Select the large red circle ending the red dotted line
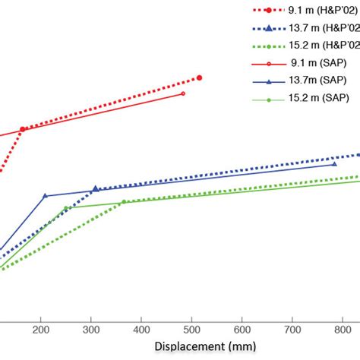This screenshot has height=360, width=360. coord(199,77)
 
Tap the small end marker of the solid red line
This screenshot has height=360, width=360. coord(183,93)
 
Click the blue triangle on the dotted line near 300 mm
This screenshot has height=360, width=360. coord(95,188)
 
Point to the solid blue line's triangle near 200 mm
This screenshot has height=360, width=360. coord(45,195)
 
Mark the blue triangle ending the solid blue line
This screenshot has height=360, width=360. coord(335,163)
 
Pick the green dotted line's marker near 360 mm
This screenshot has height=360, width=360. coord(123,201)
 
